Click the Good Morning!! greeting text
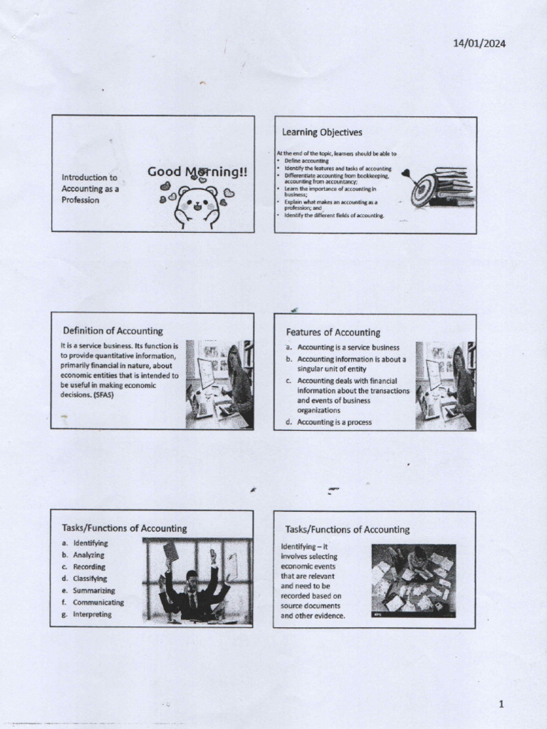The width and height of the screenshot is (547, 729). point(197,172)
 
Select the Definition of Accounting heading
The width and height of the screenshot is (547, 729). point(113,331)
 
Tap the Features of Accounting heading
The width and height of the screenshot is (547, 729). point(333,332)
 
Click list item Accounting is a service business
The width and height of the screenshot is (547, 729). point(348,347)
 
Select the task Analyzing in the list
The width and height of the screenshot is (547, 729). point(88,555)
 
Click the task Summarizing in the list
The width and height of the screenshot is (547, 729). point(93,590)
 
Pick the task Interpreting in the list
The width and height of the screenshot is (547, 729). point(92,614)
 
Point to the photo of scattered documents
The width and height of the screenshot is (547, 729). point(413,580)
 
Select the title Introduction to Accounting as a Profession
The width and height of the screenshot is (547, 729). point(90,189)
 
